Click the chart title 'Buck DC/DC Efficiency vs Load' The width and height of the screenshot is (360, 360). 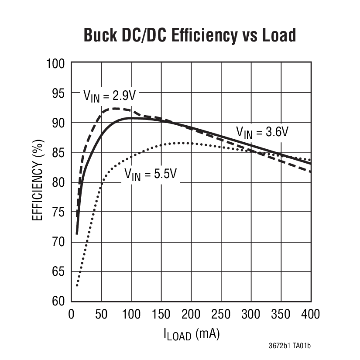click(189, 35)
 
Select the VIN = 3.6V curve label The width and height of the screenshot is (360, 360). click(262, 131)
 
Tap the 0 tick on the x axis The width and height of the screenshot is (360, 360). click(72, 314)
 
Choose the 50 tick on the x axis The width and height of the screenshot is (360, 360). click(101, 314)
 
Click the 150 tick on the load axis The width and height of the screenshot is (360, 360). click(161, 314)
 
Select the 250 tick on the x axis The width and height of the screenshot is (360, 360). click(221, 314)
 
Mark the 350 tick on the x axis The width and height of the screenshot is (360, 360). click(281, 314)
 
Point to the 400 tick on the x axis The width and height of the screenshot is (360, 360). click(310, 314)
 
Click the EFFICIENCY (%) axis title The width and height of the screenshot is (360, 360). click(38, 182)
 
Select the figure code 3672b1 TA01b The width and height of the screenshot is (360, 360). click(289, 346)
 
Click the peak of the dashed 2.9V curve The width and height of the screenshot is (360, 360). click(117, 108)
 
